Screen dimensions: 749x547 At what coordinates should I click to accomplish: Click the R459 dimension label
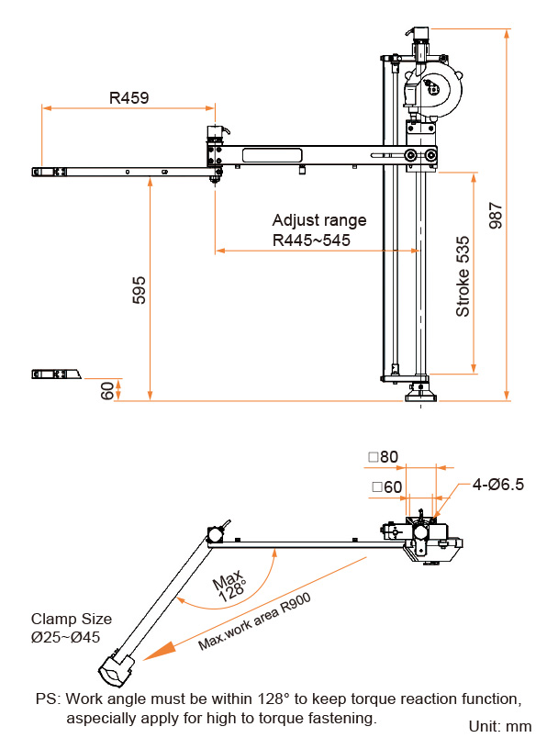(129, 96)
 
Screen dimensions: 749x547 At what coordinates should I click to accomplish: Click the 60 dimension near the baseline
(108, 390)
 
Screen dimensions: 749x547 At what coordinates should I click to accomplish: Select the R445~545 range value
(311, 240)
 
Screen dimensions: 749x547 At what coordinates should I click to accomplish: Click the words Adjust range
(318, 220)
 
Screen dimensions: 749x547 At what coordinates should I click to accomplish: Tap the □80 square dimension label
(384, 456)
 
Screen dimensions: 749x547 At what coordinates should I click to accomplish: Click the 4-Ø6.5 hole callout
(498, 485)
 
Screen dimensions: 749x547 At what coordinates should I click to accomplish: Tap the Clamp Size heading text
(72, 619)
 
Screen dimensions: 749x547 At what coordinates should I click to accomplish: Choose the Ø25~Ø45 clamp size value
(65, 637)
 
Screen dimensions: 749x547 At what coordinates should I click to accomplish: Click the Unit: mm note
(500, 726)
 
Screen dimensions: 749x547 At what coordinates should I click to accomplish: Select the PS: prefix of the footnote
(48, 699)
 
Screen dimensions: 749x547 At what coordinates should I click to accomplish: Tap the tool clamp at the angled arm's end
(117, 669)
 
